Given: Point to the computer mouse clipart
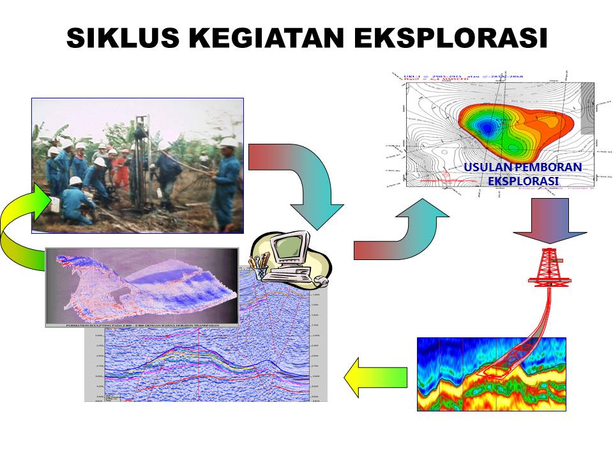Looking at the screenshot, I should pyautogui.click(x=322, y=281).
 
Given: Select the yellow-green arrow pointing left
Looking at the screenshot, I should pyautogui.click(x=376, y=377).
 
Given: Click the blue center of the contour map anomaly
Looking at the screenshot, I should pyautogui.click(x=488, y=127).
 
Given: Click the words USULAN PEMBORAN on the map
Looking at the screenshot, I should pyautogui.click(x=522, y=167).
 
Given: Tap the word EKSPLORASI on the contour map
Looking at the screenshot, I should pyautogui.click(x=522, y=181).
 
